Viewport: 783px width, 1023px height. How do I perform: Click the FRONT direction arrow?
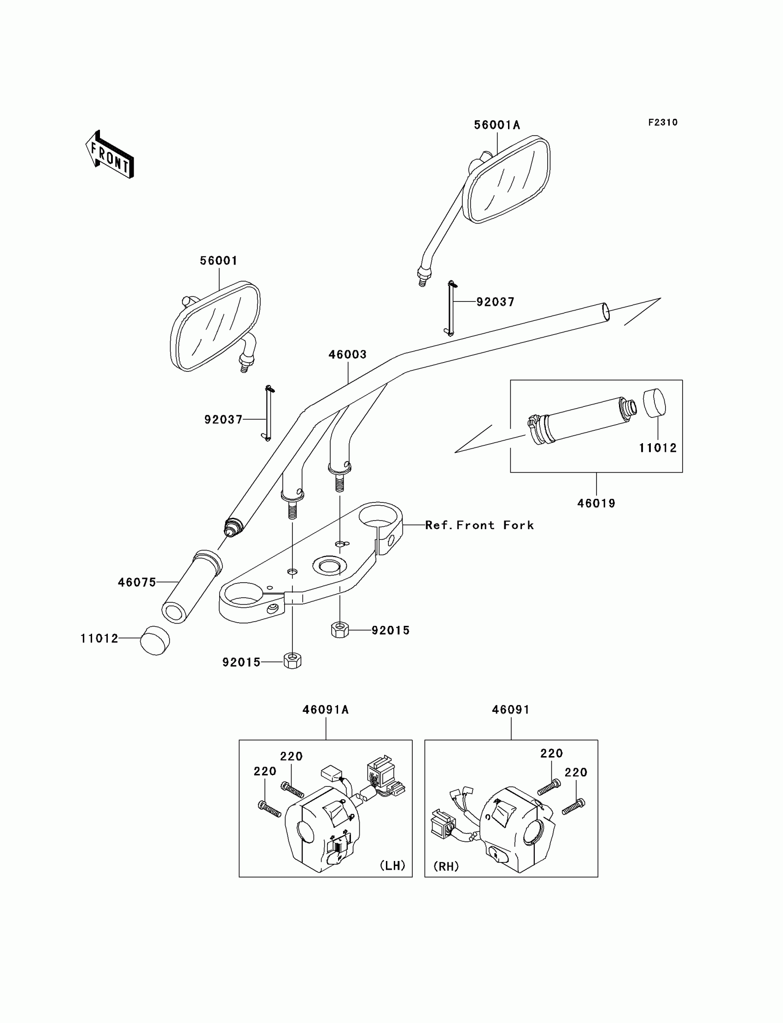point(110,156)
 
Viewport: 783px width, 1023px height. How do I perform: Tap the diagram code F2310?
point(663,122)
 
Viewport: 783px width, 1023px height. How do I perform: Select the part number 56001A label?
point(497,125)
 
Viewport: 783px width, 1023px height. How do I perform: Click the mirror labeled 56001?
point(216,325)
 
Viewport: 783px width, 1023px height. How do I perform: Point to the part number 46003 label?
point(347,354)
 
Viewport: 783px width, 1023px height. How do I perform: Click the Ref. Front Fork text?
point(479,525)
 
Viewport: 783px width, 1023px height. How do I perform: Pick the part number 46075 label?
point(136,582)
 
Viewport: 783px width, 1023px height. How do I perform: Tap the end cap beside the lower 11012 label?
point(155,641)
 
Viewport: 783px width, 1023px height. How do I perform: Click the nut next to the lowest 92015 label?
point(292,661)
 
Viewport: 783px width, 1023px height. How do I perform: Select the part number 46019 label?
point(596,503)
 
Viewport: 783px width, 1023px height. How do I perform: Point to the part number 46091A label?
point(325,710)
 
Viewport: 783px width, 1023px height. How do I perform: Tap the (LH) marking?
point(392,866)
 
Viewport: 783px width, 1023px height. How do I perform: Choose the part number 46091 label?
point(511,710)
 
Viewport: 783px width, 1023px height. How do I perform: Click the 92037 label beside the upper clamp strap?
point(496,302)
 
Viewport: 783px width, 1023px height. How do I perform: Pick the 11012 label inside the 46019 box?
point(657,448)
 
